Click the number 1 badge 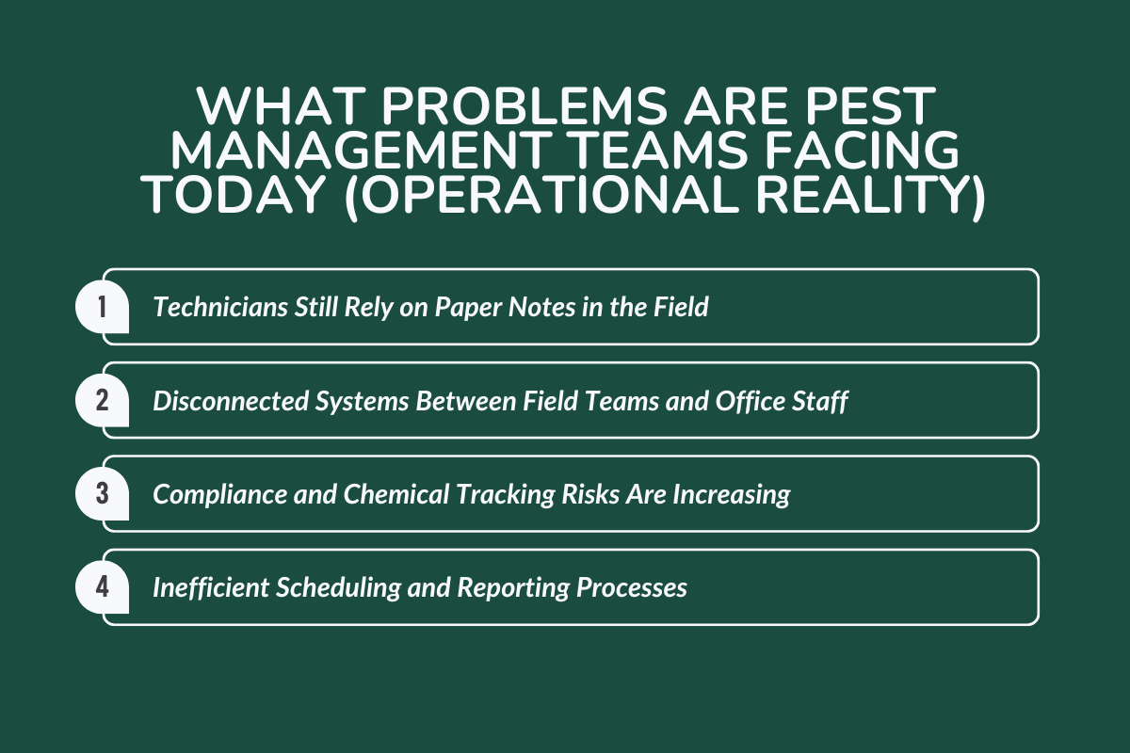coord(103,307)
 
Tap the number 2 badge coord(103,400)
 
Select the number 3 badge coord(103,494)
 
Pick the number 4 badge coord(103,587)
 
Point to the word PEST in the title coord(859,110)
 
